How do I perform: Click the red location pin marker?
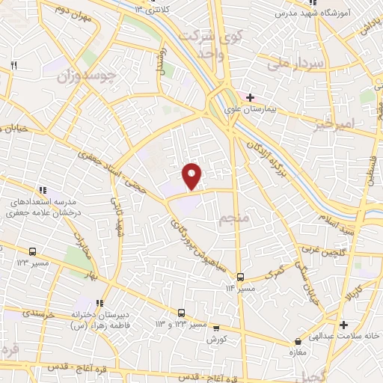point(193,174)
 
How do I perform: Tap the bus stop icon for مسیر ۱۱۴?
point(240,276)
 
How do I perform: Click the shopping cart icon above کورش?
point(216,328)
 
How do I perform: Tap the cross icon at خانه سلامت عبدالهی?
point(343,325)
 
